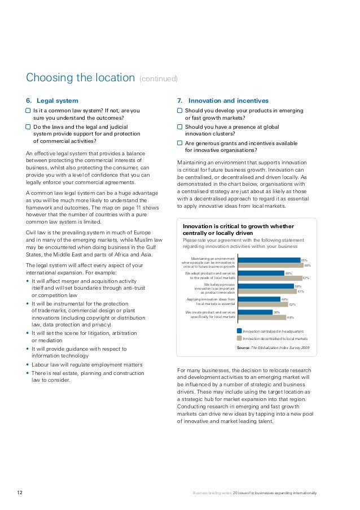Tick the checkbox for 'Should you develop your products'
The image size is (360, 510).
[x=180, y=111]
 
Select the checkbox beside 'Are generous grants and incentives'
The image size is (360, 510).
[x=180, y=143]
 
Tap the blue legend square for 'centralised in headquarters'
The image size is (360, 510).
[x=239, y=330]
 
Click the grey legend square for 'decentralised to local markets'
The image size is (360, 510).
[x=239, y=338]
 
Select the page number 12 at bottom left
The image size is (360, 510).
[x=19, y=493]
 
